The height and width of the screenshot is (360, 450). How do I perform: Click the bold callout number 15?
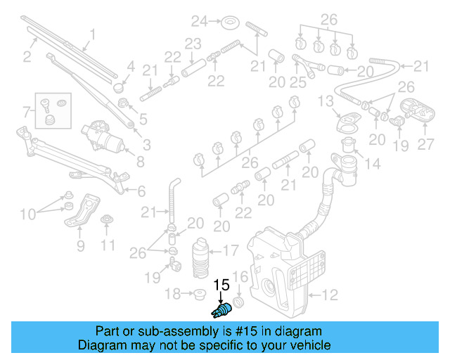coord(221,285)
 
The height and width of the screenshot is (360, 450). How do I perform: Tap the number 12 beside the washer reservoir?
coord(330,295)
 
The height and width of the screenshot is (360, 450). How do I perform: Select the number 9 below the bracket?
coord(107,245)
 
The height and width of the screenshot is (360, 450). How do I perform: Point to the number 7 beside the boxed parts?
coord(27,111)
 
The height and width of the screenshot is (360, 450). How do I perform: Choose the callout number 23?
coord(193,44)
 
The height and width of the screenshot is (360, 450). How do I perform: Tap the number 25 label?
coord(298,83)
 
